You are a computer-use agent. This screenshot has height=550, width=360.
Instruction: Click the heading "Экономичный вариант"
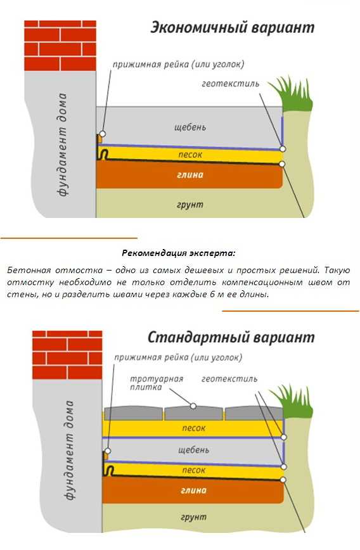click(x=232, y=28)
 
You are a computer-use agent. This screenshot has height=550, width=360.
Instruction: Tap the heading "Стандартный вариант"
click(x=231, y=338)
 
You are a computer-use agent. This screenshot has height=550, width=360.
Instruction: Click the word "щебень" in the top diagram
click(x=190, y=127)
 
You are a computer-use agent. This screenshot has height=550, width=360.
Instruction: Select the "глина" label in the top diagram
click(x=190, y=175)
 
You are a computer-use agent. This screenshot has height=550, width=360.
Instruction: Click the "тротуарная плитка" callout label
click(x=157, y=383)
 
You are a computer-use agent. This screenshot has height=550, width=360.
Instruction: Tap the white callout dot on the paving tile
click(x=193, y=406)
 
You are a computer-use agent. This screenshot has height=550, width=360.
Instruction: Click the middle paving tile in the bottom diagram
click(x=193, y=413)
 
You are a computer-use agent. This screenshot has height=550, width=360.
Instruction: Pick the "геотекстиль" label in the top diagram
click(x=231, y=84)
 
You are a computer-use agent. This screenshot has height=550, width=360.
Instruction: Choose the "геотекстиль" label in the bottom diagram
click(x=229, y=379)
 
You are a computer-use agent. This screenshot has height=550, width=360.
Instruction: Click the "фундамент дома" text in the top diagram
click(x=63, y=144)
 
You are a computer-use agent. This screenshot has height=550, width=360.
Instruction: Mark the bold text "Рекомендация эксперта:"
click(x=179, y=253)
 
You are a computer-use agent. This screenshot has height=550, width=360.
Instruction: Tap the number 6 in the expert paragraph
click(x=212, y=294)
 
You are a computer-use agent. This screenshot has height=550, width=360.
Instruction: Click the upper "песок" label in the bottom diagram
click(x=194, y=428)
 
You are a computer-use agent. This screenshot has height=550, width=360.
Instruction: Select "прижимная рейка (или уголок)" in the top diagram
click(x=178, y=65)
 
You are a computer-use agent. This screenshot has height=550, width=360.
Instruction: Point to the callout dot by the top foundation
click(x=103, y=134)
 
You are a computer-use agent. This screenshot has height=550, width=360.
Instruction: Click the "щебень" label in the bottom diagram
click(x=193, y=450)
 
